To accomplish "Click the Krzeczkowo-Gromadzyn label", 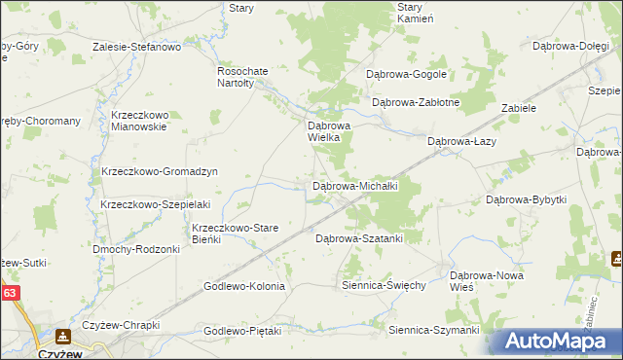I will pos(159,171).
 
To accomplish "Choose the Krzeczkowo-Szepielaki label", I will pos(156,204).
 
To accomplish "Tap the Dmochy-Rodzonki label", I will pos(136,249).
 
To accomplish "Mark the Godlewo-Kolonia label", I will pos(243,286).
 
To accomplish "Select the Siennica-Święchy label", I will pos(384,286).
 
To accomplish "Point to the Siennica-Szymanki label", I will pos(433,331).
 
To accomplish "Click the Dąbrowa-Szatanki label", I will pos(359,237).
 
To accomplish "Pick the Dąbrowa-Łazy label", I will pos(462,141).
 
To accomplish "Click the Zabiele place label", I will pos(519,108).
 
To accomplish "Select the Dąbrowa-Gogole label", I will pos(406,74).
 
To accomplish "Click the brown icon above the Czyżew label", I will pos(63,337).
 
